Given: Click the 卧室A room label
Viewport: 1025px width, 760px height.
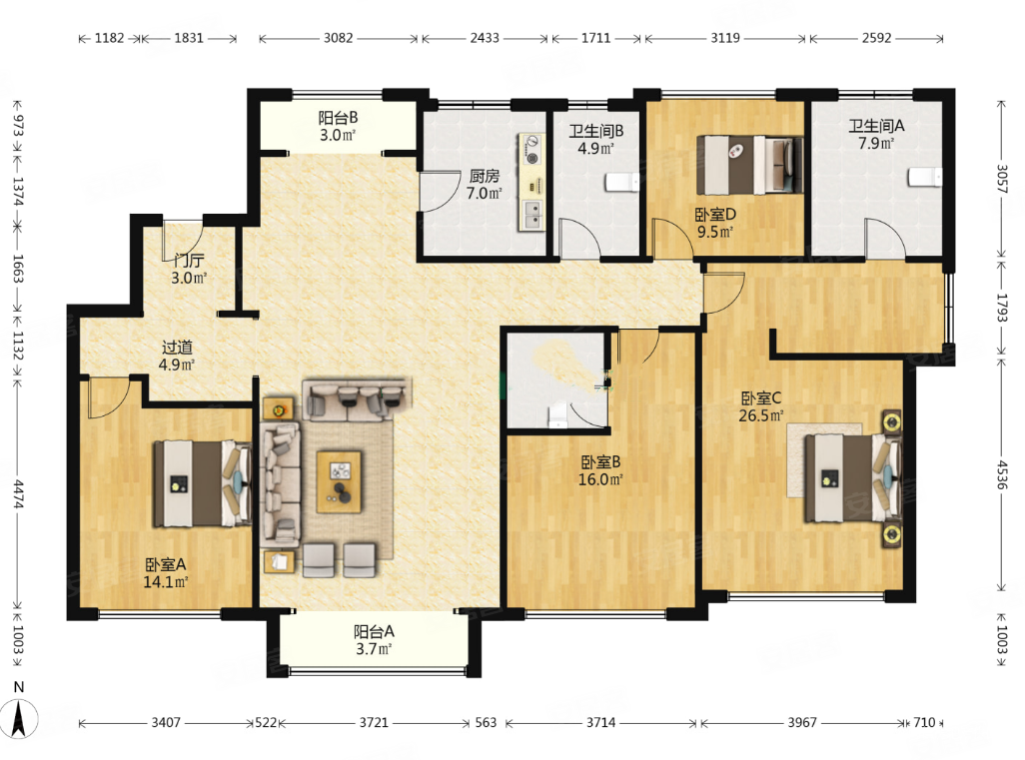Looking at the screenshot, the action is coord(166,564).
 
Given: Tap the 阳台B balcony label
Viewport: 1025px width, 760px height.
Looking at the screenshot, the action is coord(338,118).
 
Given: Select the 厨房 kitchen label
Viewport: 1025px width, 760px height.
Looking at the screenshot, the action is coord(485,176).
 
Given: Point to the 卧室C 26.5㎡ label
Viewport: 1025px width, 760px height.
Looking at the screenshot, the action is coord(761,406).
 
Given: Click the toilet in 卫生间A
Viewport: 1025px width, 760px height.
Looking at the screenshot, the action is coord(924,177).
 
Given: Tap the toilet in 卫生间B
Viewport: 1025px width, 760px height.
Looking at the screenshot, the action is coord(622,182).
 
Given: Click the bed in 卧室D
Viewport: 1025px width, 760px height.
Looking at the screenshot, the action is coord(750,165).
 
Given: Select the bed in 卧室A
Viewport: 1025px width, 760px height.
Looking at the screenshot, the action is coord(202,483).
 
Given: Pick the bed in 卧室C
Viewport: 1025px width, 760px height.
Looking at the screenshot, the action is coord(853,478).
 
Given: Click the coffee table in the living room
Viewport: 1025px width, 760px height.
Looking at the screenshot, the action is coord(339,481).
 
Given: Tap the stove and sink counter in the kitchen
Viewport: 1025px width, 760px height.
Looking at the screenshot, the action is coord(532,183).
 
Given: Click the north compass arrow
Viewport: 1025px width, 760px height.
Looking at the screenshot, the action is coord(20,717).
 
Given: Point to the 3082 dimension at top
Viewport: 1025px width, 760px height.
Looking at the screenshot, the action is coord(339,38).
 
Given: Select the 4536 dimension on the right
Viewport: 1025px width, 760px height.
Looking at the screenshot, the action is coord(1001,474).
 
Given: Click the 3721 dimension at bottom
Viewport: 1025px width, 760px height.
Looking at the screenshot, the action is coord(374,722).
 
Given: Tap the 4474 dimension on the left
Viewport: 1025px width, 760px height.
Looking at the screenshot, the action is coord(18,494).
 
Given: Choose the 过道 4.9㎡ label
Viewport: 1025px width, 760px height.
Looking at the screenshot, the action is coord(177,356).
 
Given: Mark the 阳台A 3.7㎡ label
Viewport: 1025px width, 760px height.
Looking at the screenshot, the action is coord(374,640).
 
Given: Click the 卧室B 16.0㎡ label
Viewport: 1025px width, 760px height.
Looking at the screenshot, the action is coord(600,470).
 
